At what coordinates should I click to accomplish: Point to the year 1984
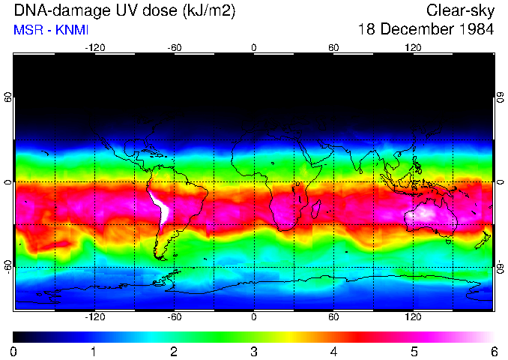tap(475, 30)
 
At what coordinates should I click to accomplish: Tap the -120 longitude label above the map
tap(94, 47)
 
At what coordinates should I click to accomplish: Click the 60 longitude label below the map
tap(333, 317)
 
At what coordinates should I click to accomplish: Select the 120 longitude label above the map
tap(413, 47)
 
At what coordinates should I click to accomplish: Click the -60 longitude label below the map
tap(175, 317)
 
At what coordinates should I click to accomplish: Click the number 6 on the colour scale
tap(493, 351)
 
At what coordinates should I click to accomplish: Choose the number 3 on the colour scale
tap(254, 351)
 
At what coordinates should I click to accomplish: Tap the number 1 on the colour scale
tap(94, 351)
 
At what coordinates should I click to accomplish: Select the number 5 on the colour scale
tap(414, 351)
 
